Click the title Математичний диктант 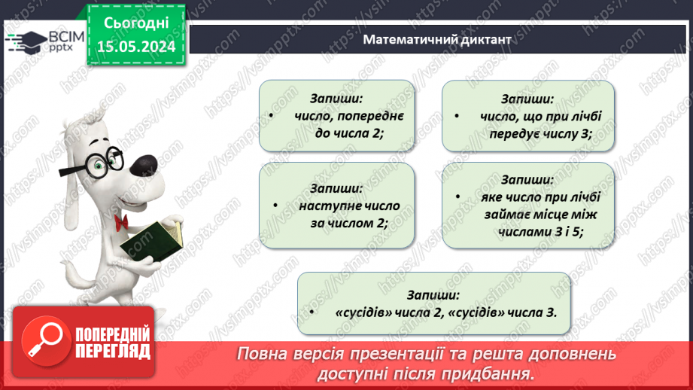[x=436, y=39]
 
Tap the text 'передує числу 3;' [x=530, y=133]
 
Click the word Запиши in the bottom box [x=433, y=294]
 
